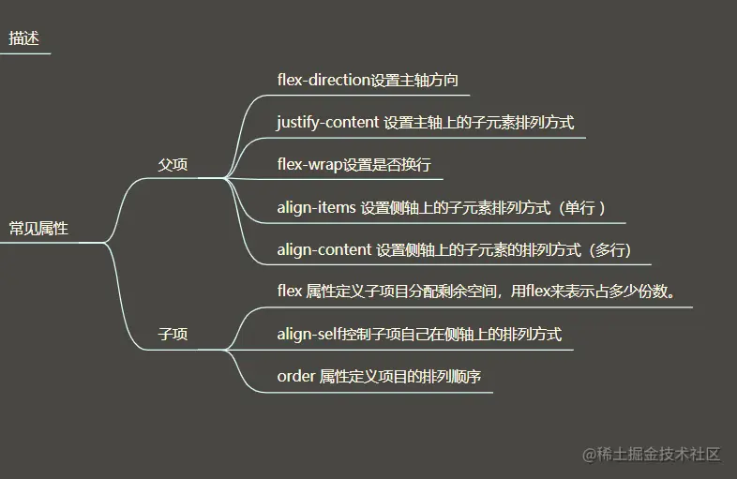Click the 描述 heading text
pyautogui.click(x=24, y=38)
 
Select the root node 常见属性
pyautogui.click(x=38, y=228)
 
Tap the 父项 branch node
pyautogui.click(x=173, y=165)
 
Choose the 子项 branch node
pyautogui.click(x=173, y=334)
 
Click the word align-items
pyautogui.click(x=316, y=207)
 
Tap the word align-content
pyautogui.click(x=323, y=249)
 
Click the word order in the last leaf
pyautogui.click(x=295, y=376)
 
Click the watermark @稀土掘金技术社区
pyautogui.click(x=651, y=454)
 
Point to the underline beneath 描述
pyautogui.click(x=24, y=53)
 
